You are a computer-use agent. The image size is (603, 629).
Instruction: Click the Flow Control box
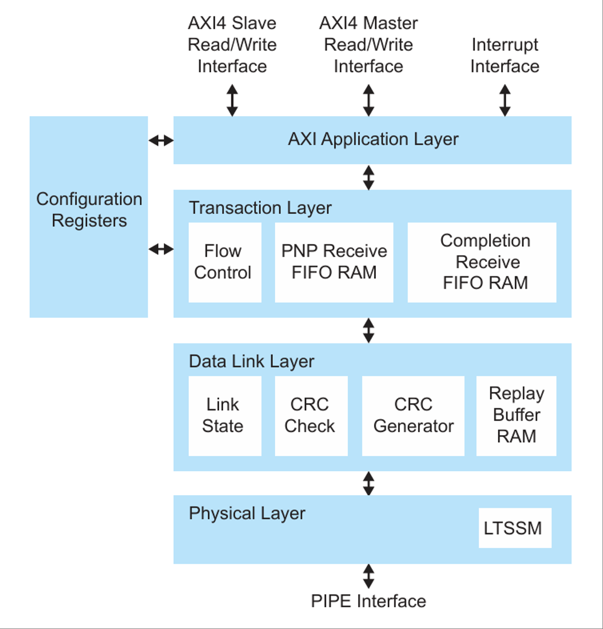tap(225, 262)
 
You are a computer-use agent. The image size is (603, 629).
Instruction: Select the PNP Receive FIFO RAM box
tap(334, 262)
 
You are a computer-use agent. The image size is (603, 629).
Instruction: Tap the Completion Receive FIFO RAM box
tap(482, 262)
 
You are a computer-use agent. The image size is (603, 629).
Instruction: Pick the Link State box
tap(225, 416)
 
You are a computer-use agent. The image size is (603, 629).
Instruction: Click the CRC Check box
tap(311, 416)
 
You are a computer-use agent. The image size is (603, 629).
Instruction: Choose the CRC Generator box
tap(413, 416)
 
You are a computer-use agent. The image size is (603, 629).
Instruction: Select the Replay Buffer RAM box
tap(516, 416)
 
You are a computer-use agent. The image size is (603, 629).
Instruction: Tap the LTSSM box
tap(515, 528)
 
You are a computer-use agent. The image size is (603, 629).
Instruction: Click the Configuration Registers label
tap(89, 210)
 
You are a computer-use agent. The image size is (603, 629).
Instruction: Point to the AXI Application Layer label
tap(373, 139)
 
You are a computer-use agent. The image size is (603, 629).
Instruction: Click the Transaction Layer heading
tap(260, 208)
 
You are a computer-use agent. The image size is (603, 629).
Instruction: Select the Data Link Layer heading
tap(251, 361)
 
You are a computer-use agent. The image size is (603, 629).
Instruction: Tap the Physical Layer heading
tap(247, 513)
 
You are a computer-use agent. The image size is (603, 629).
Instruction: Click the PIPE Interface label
tap(368, 601)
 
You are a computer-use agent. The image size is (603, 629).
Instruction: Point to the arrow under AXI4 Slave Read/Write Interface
tap(232, 100)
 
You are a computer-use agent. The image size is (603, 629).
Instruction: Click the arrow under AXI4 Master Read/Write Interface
tap(368, 100)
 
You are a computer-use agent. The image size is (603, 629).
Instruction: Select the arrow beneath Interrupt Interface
tap(505, 100)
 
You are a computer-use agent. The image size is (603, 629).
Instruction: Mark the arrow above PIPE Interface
tap(368, 576)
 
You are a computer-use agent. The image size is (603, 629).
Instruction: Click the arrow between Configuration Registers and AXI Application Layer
tap(161, 141)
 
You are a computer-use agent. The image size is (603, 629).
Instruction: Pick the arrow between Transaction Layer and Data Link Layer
tap(368, 330)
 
